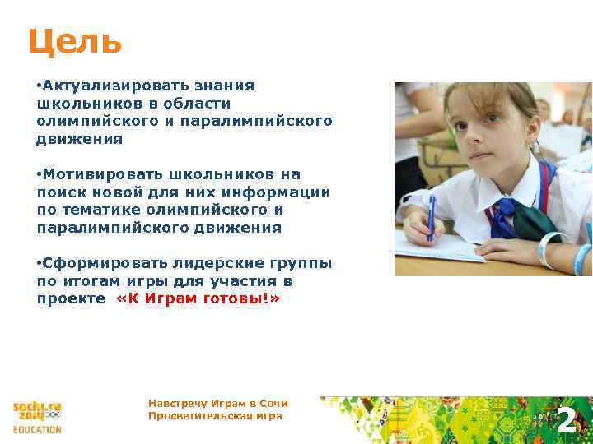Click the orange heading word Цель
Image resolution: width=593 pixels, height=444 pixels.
point(75,41)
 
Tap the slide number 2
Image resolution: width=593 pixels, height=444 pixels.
point(566,420)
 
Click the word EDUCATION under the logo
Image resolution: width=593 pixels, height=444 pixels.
point(37,429)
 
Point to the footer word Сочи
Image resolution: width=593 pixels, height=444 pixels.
point(273,404)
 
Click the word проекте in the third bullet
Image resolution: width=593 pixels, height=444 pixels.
point(71,299)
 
